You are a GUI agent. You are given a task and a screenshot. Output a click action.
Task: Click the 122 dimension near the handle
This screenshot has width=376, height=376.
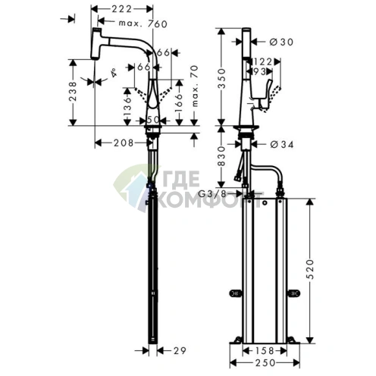tap(263, 61)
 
